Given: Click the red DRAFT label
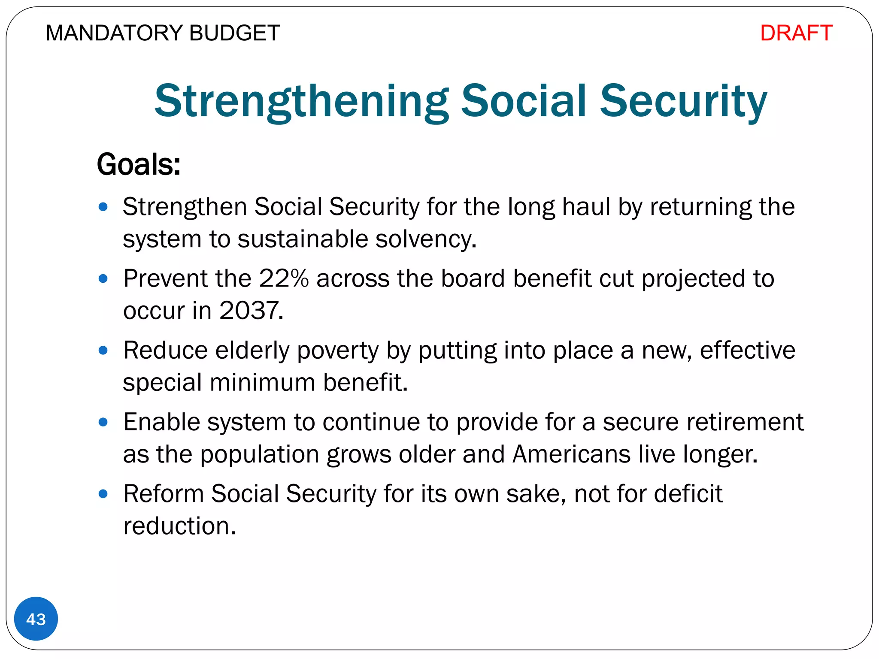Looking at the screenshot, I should point(796,33).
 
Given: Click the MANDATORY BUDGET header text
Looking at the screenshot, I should point(163,33).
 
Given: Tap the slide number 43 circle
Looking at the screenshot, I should point(36,619).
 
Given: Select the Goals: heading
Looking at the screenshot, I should point(138,164).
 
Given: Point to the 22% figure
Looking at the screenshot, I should point(284,278).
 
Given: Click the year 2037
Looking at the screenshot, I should point(251,310).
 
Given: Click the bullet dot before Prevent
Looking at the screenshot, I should point(103,279).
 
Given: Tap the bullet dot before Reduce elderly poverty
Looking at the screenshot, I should point(103,351).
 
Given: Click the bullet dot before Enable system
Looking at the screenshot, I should point(103,422).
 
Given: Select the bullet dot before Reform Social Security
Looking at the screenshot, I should point(103,494).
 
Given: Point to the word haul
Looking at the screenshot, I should point(586,207).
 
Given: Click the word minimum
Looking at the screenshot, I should point(262,382).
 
